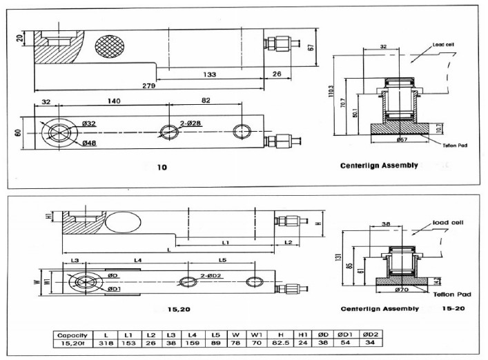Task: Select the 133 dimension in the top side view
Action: click(209, 74)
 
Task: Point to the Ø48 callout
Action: click(89, 143)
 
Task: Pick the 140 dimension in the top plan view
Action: click(114, 101)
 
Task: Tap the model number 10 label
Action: click(162, 167)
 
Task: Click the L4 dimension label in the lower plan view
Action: click(138, 259)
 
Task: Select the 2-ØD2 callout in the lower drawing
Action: click(211, 274)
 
